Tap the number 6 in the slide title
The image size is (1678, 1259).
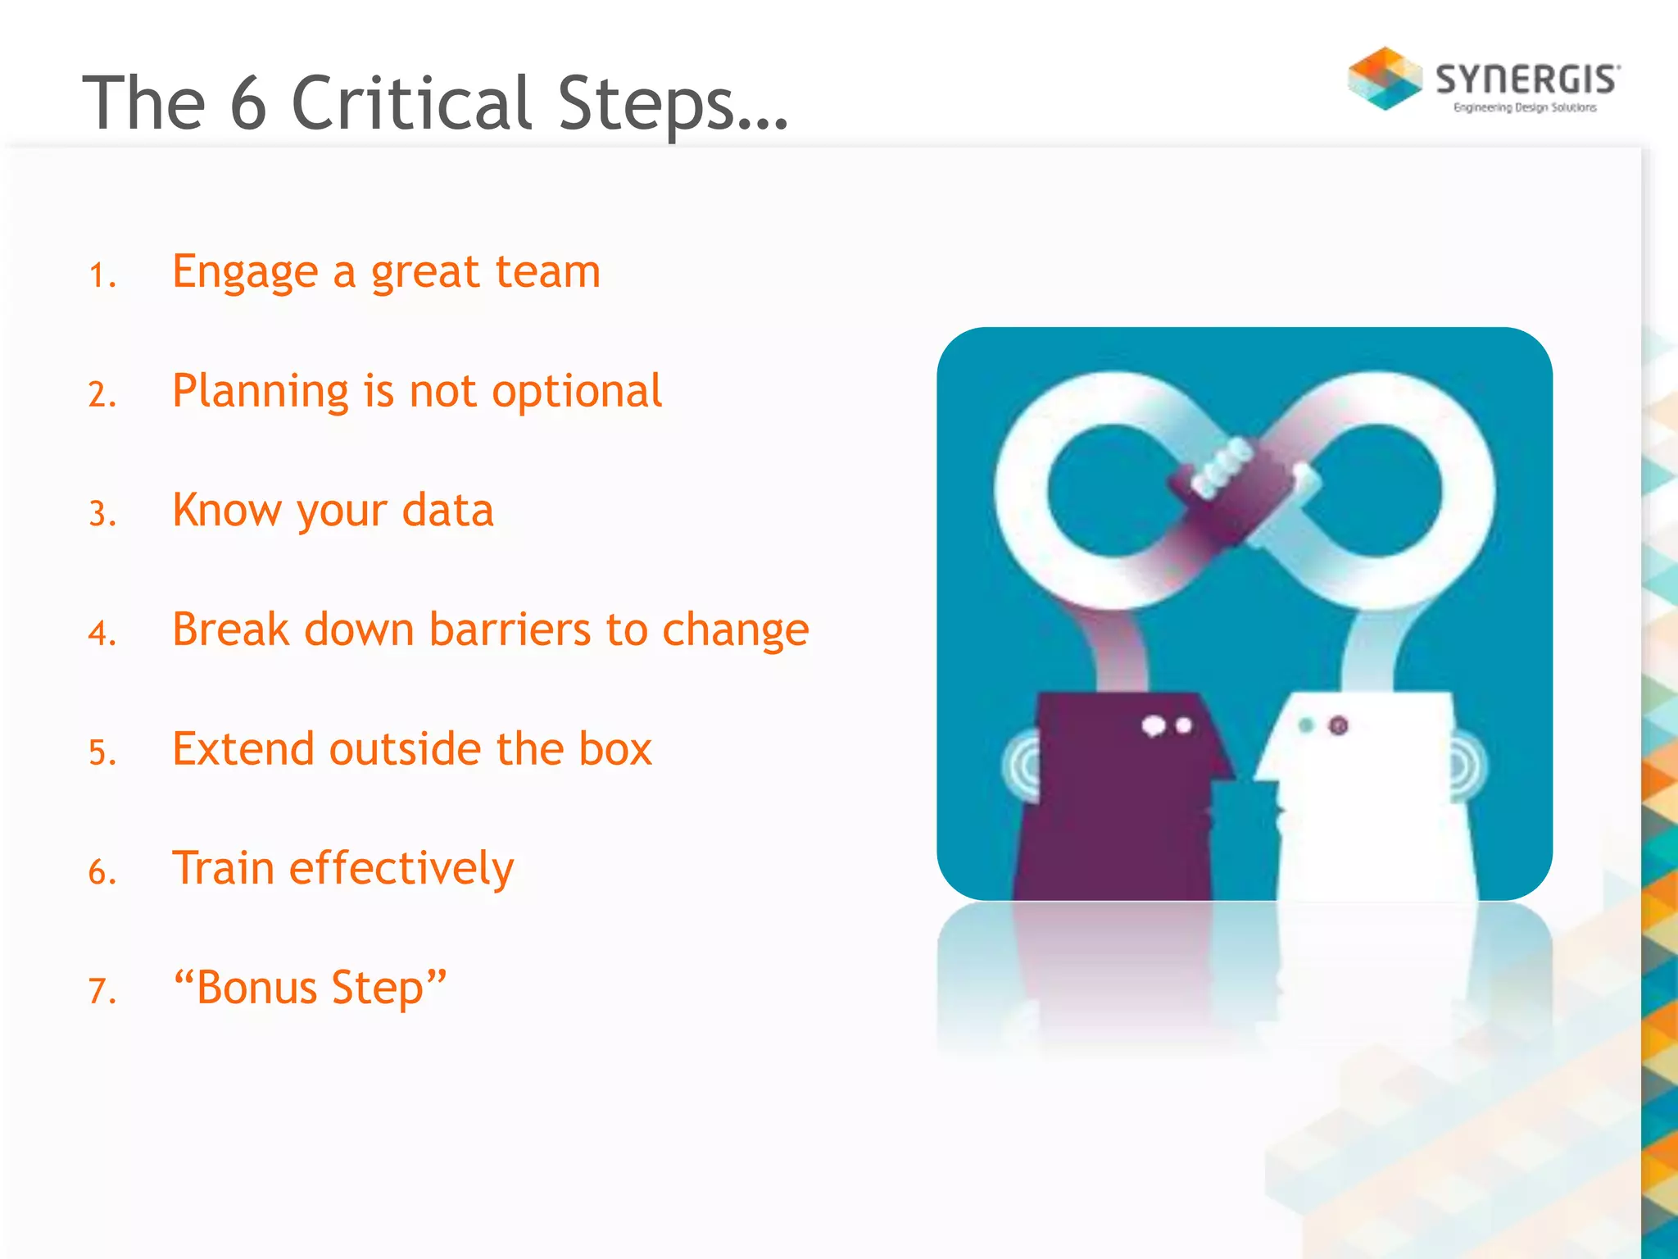click(248, 103)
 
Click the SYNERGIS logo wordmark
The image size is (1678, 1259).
click(1527, 80)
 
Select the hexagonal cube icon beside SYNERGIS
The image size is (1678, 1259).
click(1385, 79)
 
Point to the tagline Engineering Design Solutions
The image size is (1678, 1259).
click(1525, 107)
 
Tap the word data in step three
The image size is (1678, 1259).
click(448, 510)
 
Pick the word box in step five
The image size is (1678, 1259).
click(615, 748)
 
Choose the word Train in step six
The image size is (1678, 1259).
click(223, 868)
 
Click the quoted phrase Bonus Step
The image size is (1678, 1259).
click(310, 987)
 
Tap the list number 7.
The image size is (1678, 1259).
click(102, 991)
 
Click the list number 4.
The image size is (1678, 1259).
click(102, 634)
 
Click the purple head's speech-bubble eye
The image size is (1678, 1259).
click(1154, 726)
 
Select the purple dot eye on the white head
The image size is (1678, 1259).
click(1338, 725)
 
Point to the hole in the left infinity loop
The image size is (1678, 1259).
click(1111, 490)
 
